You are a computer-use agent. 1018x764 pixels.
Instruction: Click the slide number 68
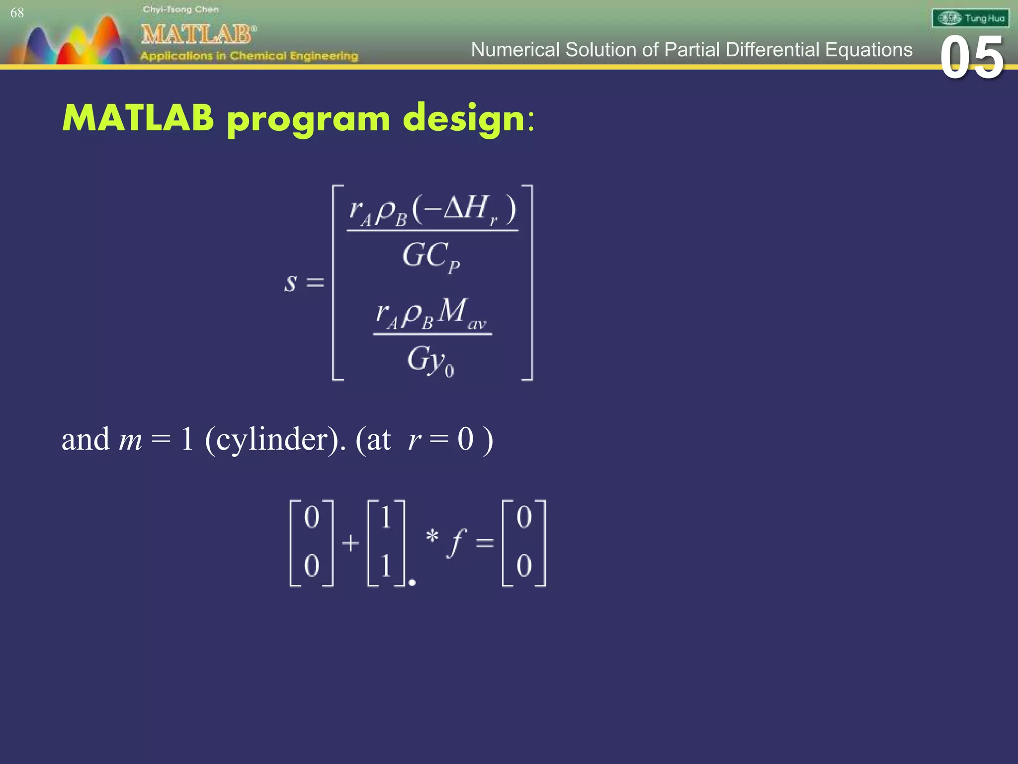click(x=17, y=13)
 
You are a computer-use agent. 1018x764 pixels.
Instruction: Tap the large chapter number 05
click(x=972, y=58)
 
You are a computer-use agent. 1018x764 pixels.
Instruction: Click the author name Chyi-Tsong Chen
click(x=180, y=9)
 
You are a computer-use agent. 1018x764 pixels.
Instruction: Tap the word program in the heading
click(x=308, y=119)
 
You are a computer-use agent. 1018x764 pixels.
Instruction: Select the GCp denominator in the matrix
click(x=430, y=257)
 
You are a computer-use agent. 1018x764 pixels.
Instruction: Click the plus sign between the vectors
click(x=350, y=543)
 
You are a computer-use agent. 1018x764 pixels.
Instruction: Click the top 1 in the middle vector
click(x=386, y=517)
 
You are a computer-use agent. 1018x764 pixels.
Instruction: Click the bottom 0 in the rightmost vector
click(x=524, y=566)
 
